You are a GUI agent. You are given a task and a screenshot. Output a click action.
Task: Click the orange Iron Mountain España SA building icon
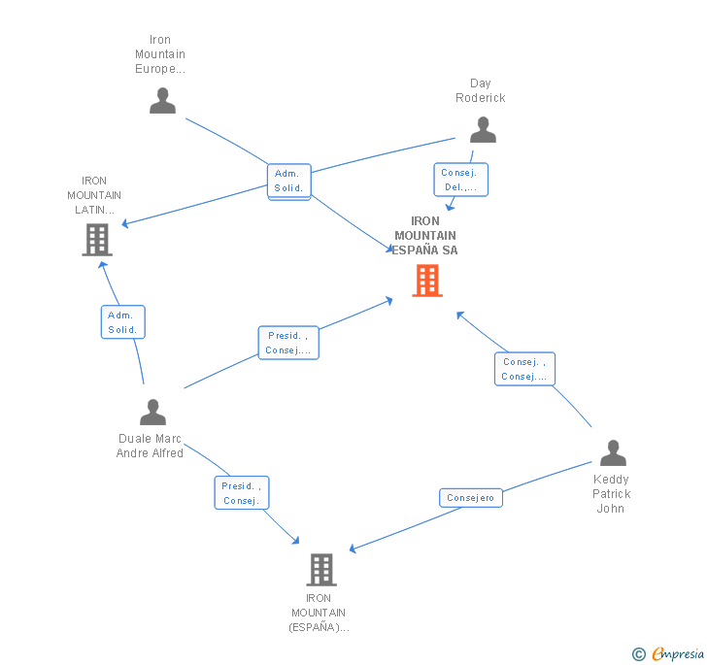427,281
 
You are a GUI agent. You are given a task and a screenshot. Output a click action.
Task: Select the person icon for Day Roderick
483,130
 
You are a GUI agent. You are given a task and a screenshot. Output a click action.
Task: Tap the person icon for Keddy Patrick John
613,453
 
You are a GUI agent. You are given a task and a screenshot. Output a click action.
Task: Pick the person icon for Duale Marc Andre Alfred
152,413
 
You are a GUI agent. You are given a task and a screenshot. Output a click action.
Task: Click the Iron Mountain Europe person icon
162,101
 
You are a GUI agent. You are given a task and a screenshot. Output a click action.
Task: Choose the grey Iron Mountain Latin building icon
97,239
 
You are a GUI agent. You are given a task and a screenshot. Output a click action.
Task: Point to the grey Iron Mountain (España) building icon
321,569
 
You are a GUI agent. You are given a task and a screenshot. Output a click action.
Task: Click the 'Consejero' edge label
471,498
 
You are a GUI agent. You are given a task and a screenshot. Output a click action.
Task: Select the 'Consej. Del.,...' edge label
460,180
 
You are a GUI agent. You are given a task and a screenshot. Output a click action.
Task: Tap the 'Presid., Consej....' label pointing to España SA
288,343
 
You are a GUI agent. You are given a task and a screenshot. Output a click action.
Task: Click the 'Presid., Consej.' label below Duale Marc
241,493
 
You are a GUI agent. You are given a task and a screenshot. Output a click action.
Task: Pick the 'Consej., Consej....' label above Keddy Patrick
524,369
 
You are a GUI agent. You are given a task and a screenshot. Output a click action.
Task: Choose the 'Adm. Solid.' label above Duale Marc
122,322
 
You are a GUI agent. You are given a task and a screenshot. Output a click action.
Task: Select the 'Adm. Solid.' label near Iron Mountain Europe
289,181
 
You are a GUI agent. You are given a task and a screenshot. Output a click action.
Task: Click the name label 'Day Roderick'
481,90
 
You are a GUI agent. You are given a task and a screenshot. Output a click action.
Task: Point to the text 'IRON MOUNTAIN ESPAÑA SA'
425,236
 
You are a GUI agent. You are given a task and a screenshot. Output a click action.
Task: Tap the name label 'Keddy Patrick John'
612,493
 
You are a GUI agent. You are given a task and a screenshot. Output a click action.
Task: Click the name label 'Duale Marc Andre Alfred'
150,446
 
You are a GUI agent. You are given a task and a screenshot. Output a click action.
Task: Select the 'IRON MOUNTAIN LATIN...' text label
94,195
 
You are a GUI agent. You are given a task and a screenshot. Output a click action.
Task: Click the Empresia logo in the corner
669,653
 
